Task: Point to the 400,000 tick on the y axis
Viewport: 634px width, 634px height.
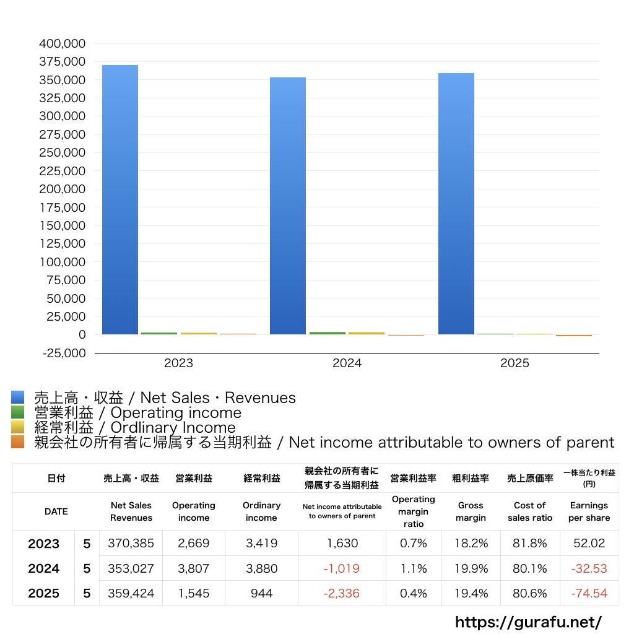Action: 62,44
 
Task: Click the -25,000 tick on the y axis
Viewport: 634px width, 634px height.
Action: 62,353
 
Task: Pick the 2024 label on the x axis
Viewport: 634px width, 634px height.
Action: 347,363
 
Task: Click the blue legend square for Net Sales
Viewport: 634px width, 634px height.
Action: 18,397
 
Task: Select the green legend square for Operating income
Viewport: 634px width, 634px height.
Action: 18,412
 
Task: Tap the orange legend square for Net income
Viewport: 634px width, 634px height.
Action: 18,442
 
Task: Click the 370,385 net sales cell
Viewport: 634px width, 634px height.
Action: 131,544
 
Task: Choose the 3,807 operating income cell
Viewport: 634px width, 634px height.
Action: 194,568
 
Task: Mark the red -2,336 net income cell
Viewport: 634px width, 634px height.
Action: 342,593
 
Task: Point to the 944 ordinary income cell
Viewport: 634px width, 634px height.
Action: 261,593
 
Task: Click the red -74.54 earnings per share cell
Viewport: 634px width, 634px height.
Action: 589,593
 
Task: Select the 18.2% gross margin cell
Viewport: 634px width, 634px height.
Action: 471,544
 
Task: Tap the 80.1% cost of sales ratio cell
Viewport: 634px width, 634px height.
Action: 529,568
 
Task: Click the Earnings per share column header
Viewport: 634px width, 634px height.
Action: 589,511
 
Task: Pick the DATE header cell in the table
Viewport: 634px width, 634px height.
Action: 56,511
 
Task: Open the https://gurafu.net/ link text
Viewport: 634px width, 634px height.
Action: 528,621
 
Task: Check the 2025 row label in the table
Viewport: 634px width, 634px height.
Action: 44,593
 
